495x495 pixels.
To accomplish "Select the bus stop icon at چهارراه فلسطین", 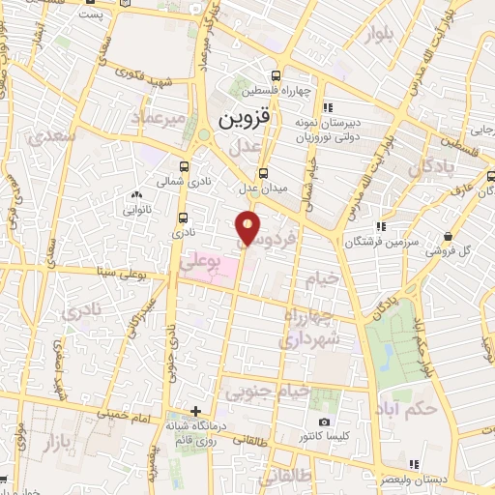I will [277, 75].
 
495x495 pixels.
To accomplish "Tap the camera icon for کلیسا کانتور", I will [324, 422].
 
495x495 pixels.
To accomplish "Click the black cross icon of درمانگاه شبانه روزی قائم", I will [196, 411].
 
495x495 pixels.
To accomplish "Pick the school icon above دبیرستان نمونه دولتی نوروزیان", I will [329, 106].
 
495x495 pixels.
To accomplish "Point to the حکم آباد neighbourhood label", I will [409, 406].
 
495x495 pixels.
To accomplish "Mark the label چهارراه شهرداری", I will [308, 329].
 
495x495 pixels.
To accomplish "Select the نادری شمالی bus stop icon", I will [185, 165].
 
